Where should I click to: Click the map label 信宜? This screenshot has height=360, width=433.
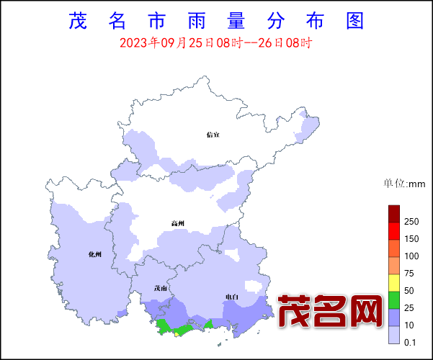pyautogui.click(x=213, y=134)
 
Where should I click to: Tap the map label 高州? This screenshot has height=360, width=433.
pyautogui.click(x=178, y=223)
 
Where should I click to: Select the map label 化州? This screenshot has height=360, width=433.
pyautogui.click(x=95, y=254)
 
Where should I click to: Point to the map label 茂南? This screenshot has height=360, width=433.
pyautogui.click(x=160, y=289)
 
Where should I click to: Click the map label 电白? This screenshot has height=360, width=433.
pyautogui.click(x=232, y=297)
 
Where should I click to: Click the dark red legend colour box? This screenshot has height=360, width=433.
pyautogui.click(x=394, y=214)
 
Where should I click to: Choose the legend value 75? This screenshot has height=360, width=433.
pyautogui.click(x=410, y=274)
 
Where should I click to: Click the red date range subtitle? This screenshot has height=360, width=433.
pyautogui.click(x=215, y=43)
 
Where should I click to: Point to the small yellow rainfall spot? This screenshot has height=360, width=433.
pyautogui.click(x=177, y=333)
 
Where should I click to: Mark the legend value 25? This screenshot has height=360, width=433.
pyautogui.click(x=410, y=308)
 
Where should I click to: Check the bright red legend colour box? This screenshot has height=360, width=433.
pyautogui.click(x=394, y=231)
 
